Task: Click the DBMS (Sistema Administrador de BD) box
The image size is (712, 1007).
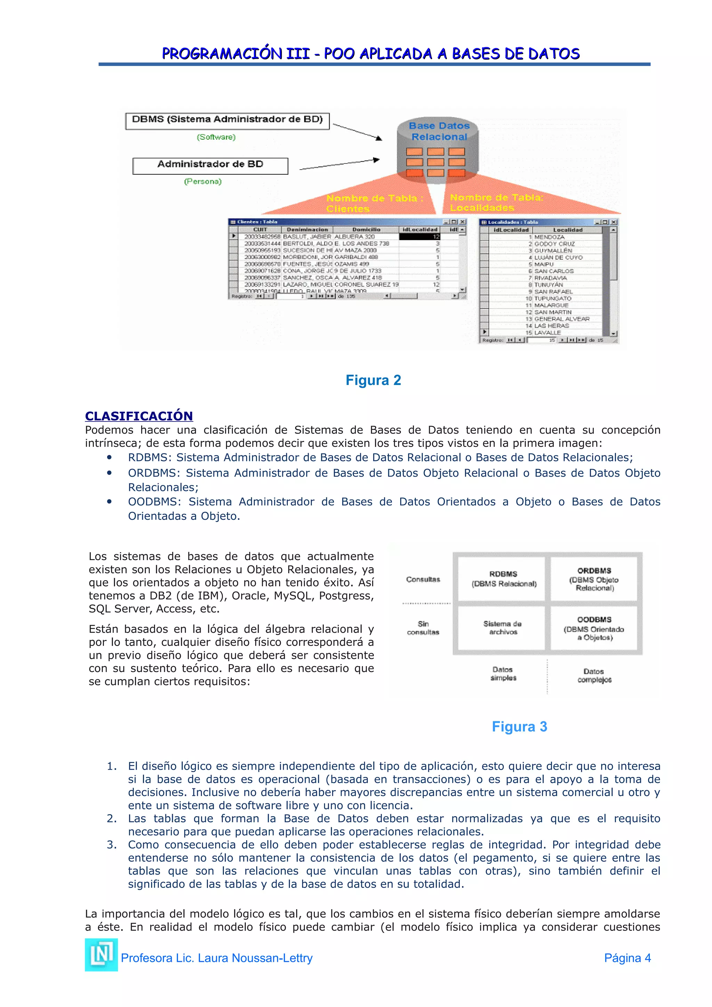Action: pos(227,120)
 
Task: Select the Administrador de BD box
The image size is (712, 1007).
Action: pos(210,165)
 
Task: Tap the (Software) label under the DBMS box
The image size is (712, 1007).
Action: pos(216,137)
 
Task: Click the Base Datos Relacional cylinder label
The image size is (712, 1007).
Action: pos(439,131)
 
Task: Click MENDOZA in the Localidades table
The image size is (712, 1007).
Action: pos(549,237)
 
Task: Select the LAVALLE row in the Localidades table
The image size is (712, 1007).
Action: pos(548,333)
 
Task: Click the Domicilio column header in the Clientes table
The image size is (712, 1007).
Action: pos(366,229)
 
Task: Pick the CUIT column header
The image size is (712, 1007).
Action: pos(260,229)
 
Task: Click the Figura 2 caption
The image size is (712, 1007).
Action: pos(373,380)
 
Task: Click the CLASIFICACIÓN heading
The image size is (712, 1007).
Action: pos(139,416)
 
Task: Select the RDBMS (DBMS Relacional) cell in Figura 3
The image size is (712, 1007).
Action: pos(503,579)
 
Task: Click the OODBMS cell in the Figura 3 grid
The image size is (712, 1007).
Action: pos(594,628)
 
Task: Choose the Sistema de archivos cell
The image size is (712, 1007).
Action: pos(503,628)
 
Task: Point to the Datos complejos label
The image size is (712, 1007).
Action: pos(594,676)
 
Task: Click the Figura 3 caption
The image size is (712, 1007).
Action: pos(519,727)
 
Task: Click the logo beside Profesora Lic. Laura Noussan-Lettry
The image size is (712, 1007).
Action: pos(101,955)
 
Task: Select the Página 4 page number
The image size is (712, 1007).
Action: pos(627,958)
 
